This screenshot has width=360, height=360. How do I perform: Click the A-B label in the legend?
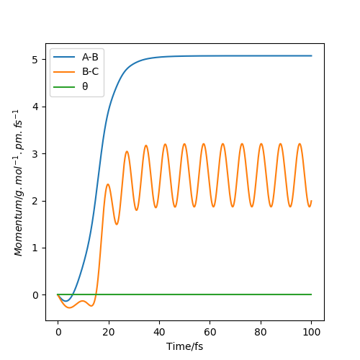90,57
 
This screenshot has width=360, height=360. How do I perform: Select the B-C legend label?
90,71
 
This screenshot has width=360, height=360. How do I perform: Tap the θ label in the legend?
85,86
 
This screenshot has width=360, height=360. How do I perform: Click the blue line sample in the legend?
64,57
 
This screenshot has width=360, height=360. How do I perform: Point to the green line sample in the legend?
64,86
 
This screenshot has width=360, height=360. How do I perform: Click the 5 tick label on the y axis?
35,60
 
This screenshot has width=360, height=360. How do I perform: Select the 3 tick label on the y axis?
35,154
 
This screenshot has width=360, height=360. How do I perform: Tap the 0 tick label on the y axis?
35,295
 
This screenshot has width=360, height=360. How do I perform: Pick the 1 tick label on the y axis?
35,248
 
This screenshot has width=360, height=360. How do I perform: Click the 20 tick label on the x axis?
109,332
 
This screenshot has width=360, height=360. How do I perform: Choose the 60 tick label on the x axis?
210,332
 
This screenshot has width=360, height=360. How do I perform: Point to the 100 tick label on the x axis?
311,332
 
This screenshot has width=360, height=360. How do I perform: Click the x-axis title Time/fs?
184,346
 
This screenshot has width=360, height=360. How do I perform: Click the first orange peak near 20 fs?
108,184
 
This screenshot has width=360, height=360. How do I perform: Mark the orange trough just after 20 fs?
117,225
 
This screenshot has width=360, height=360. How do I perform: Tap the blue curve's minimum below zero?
66,301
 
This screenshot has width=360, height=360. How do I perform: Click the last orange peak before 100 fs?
300,143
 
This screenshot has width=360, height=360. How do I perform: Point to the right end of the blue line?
312,55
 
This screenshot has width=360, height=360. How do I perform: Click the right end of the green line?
312,294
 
